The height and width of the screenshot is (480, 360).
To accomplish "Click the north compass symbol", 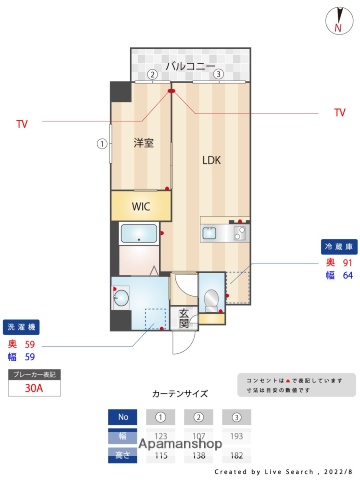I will [336, 19].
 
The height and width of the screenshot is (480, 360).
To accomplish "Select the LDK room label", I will [211, 159].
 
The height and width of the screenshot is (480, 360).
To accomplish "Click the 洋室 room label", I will [143, 143].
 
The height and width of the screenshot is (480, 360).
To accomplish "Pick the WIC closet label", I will [141, 206].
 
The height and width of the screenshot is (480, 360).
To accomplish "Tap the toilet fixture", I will [211, 297].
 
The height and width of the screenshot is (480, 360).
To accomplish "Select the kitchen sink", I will [211, 234].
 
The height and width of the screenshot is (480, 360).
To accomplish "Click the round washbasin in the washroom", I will [121, 297].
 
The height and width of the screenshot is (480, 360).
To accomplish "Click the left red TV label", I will [21, 124].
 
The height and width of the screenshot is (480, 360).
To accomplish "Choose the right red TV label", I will [339, 113].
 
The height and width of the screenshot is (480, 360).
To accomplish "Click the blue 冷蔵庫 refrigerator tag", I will [337, 246].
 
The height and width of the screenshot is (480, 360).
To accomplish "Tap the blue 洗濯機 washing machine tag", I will [22, 327].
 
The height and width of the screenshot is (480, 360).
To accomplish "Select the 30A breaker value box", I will [33, 390].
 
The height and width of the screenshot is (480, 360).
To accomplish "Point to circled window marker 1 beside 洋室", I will [101, 143].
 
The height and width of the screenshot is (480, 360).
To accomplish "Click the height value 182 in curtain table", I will [236, 455].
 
